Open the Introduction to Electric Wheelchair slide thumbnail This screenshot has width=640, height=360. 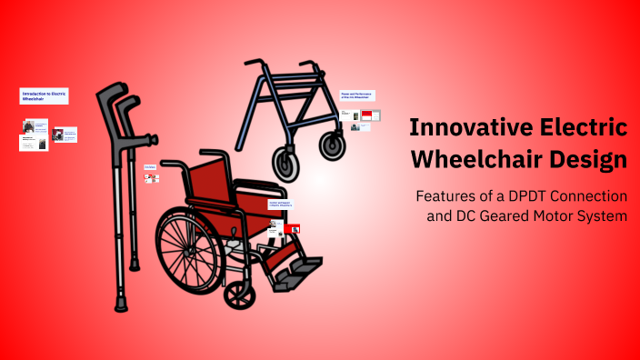tap(45, 95)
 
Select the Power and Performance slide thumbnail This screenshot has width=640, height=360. tap(357, 95)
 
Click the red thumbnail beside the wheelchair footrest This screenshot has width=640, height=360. tap(293, 228)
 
